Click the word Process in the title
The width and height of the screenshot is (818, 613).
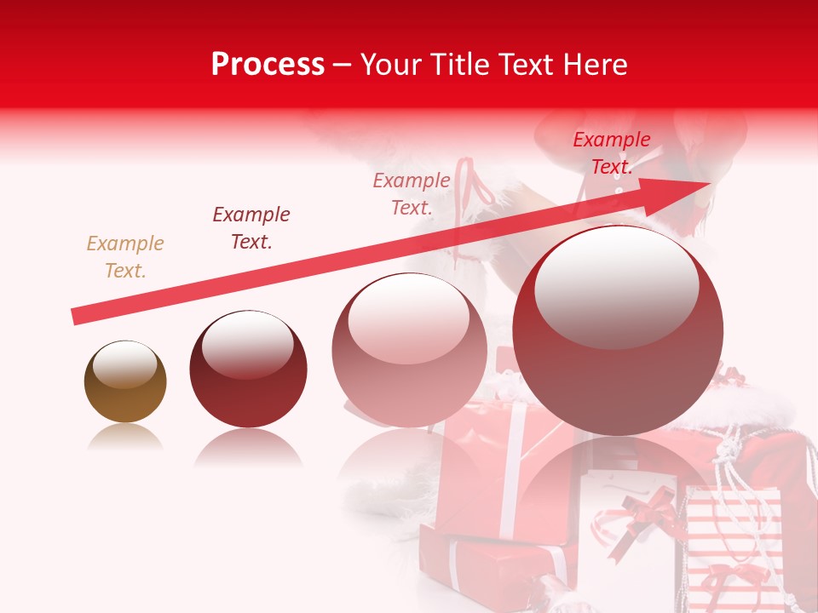268,65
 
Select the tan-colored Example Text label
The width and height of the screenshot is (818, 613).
125,257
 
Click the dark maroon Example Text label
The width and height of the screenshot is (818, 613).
251,228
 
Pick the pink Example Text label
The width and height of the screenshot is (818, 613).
412,194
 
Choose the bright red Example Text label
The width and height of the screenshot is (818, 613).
611,153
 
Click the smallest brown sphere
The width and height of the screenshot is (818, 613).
125,382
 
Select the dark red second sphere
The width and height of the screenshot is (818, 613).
248,369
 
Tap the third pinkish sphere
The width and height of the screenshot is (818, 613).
409,351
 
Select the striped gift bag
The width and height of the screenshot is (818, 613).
733,545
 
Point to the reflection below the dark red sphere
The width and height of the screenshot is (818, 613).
248,447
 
